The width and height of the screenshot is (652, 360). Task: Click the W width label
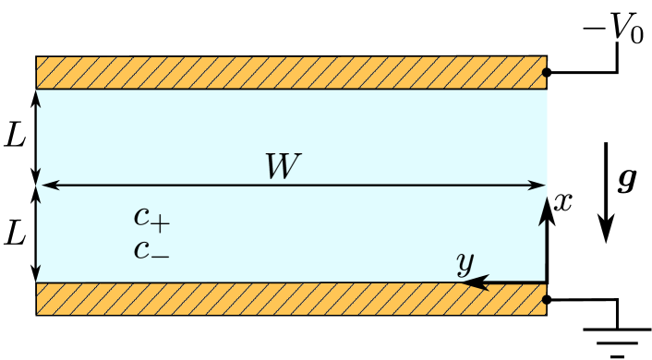pos(283,166)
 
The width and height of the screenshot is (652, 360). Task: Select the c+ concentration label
pos(151,218)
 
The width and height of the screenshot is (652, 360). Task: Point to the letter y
pos(465,263)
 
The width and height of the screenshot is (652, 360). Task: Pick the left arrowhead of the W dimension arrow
pos(49,185)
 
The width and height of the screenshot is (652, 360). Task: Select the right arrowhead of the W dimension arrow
pos(537,185)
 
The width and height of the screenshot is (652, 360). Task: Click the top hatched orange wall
pos(291,72)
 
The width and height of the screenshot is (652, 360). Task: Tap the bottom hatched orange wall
pos(291,299)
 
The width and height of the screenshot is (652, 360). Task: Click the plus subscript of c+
pos(161,222)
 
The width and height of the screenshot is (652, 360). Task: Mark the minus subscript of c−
pos(161,254)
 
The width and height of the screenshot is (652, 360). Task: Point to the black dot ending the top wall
pos(547,72)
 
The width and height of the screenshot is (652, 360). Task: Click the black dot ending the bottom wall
pos(547,299)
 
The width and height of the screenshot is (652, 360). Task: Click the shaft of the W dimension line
pos(388,185)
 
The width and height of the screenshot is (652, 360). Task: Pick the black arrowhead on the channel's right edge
pos(543,212)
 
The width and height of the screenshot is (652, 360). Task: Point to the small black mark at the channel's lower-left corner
pos(38,272)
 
